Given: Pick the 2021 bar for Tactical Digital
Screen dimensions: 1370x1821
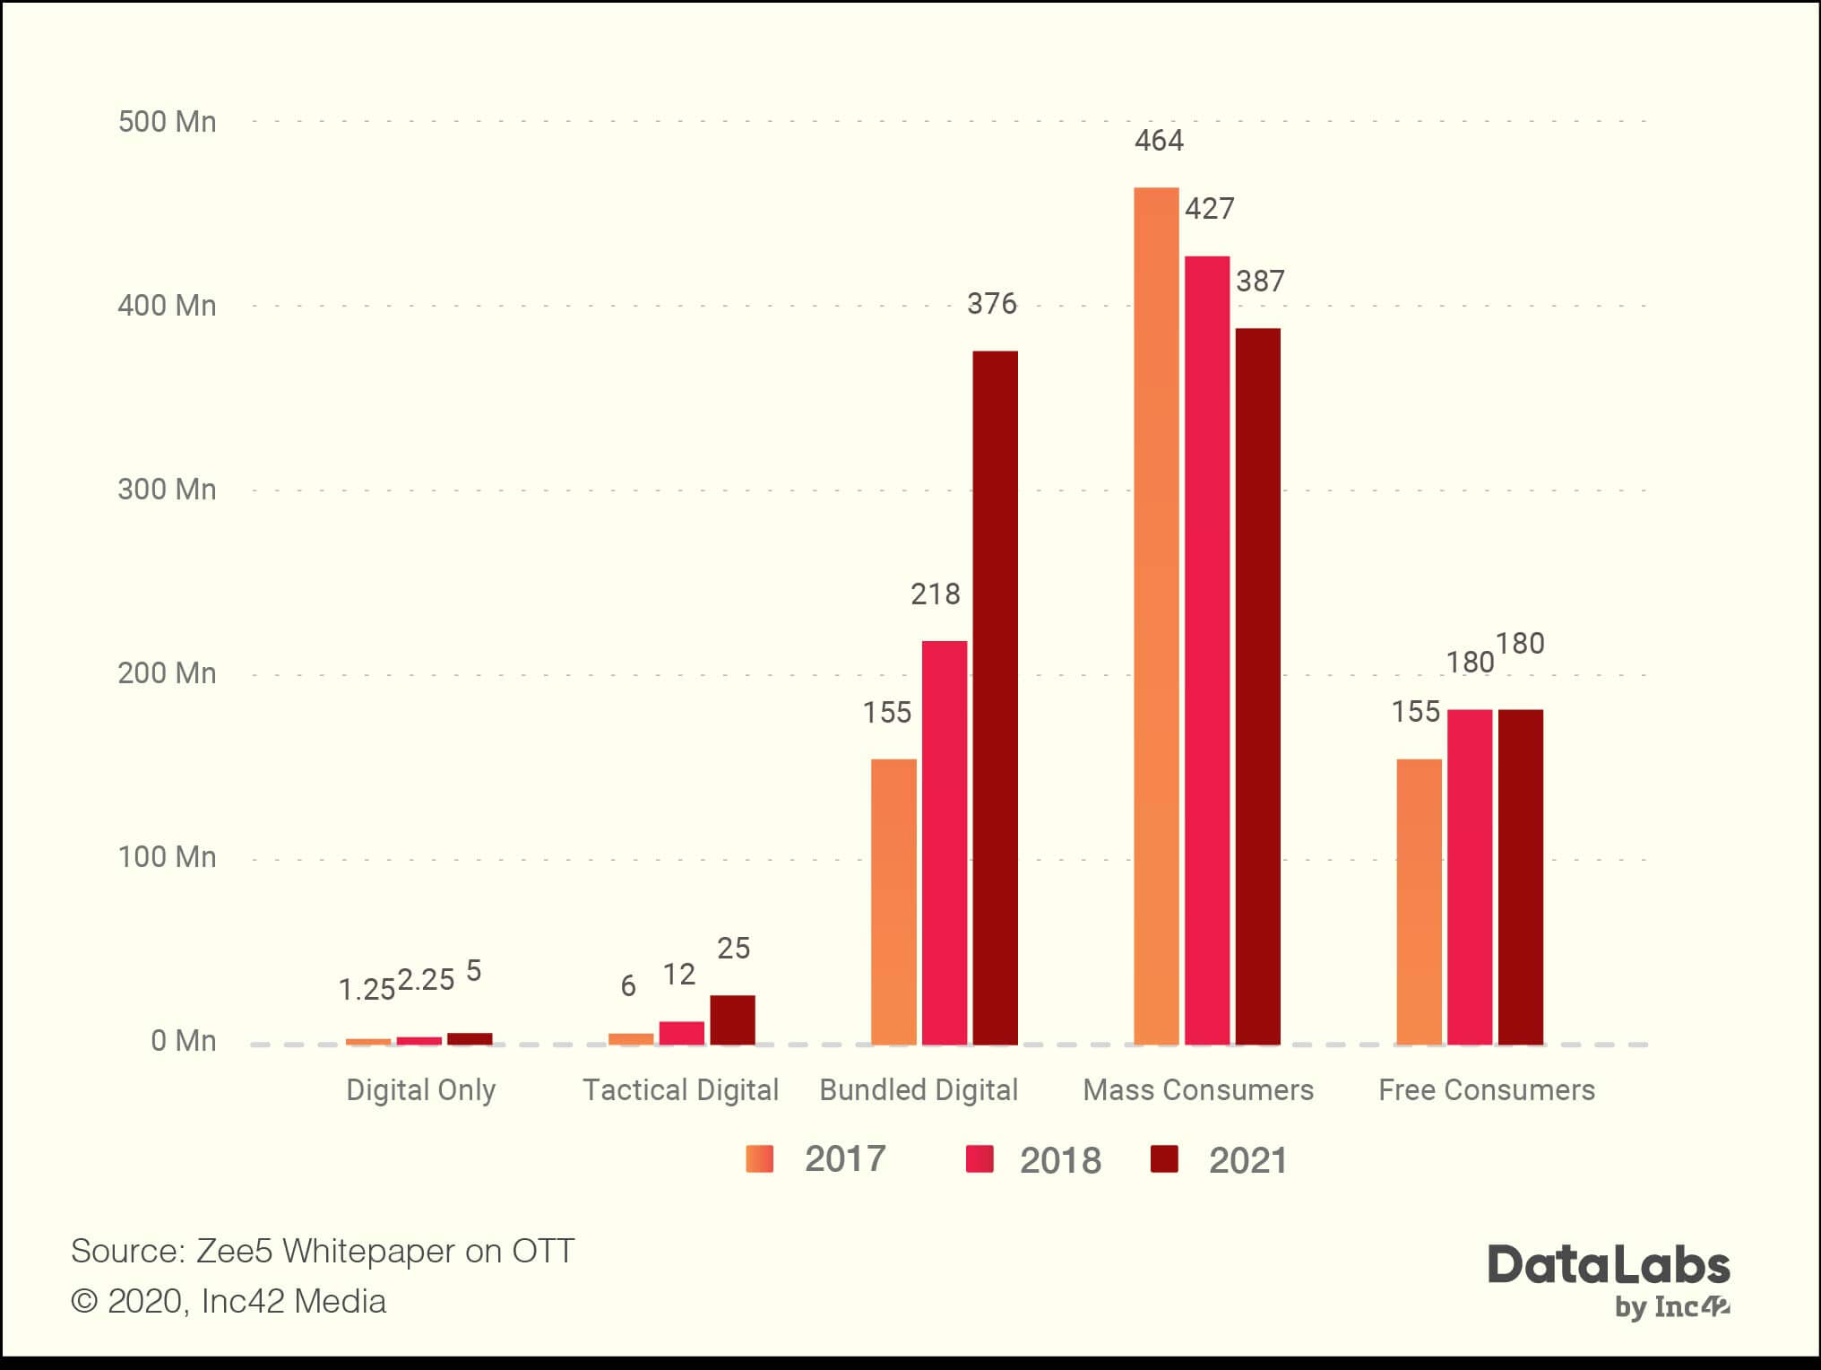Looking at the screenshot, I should tap(732, 1019).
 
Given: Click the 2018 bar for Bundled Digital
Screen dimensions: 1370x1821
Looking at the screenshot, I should tap(945, 843).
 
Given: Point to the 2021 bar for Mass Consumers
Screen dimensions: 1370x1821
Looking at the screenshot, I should tap(1257, 686).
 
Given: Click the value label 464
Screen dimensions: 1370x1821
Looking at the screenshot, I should tap(1159, 141).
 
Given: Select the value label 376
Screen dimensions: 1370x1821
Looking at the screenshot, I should tap(991, 304).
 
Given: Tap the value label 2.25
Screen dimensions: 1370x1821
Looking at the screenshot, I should tap(426, 980).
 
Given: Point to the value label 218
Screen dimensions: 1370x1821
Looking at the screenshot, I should tap(935, 594).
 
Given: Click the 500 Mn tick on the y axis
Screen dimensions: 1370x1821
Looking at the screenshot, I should tap(168, 122).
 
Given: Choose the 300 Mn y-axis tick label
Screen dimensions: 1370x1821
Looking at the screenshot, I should tap(168, 490).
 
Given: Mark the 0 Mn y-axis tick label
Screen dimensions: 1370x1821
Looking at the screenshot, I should tap(183, 1040).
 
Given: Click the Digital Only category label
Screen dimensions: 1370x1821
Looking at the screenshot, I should tap(420, 1089).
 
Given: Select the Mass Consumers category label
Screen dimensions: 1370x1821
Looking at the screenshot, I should tap(1198, 1089).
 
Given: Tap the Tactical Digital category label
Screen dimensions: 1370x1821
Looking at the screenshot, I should tap(680, 1089).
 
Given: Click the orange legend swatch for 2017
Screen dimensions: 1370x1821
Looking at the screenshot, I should tap(759, 1158).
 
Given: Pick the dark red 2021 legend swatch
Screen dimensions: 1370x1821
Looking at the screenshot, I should tap(1164, 1158).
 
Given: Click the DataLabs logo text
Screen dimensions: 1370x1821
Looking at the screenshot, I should tap(1609, 1266).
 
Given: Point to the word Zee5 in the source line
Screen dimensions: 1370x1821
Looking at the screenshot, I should tap(234, 1251).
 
